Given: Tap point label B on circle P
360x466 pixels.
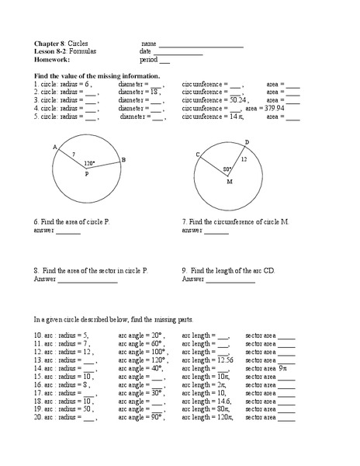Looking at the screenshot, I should (x=123, y=160).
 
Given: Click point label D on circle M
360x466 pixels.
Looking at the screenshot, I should (x=247, y=142).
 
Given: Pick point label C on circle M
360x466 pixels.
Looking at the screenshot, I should (x=198, y=155).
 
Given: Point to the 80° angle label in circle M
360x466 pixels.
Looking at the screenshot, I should (x=227, y=169).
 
